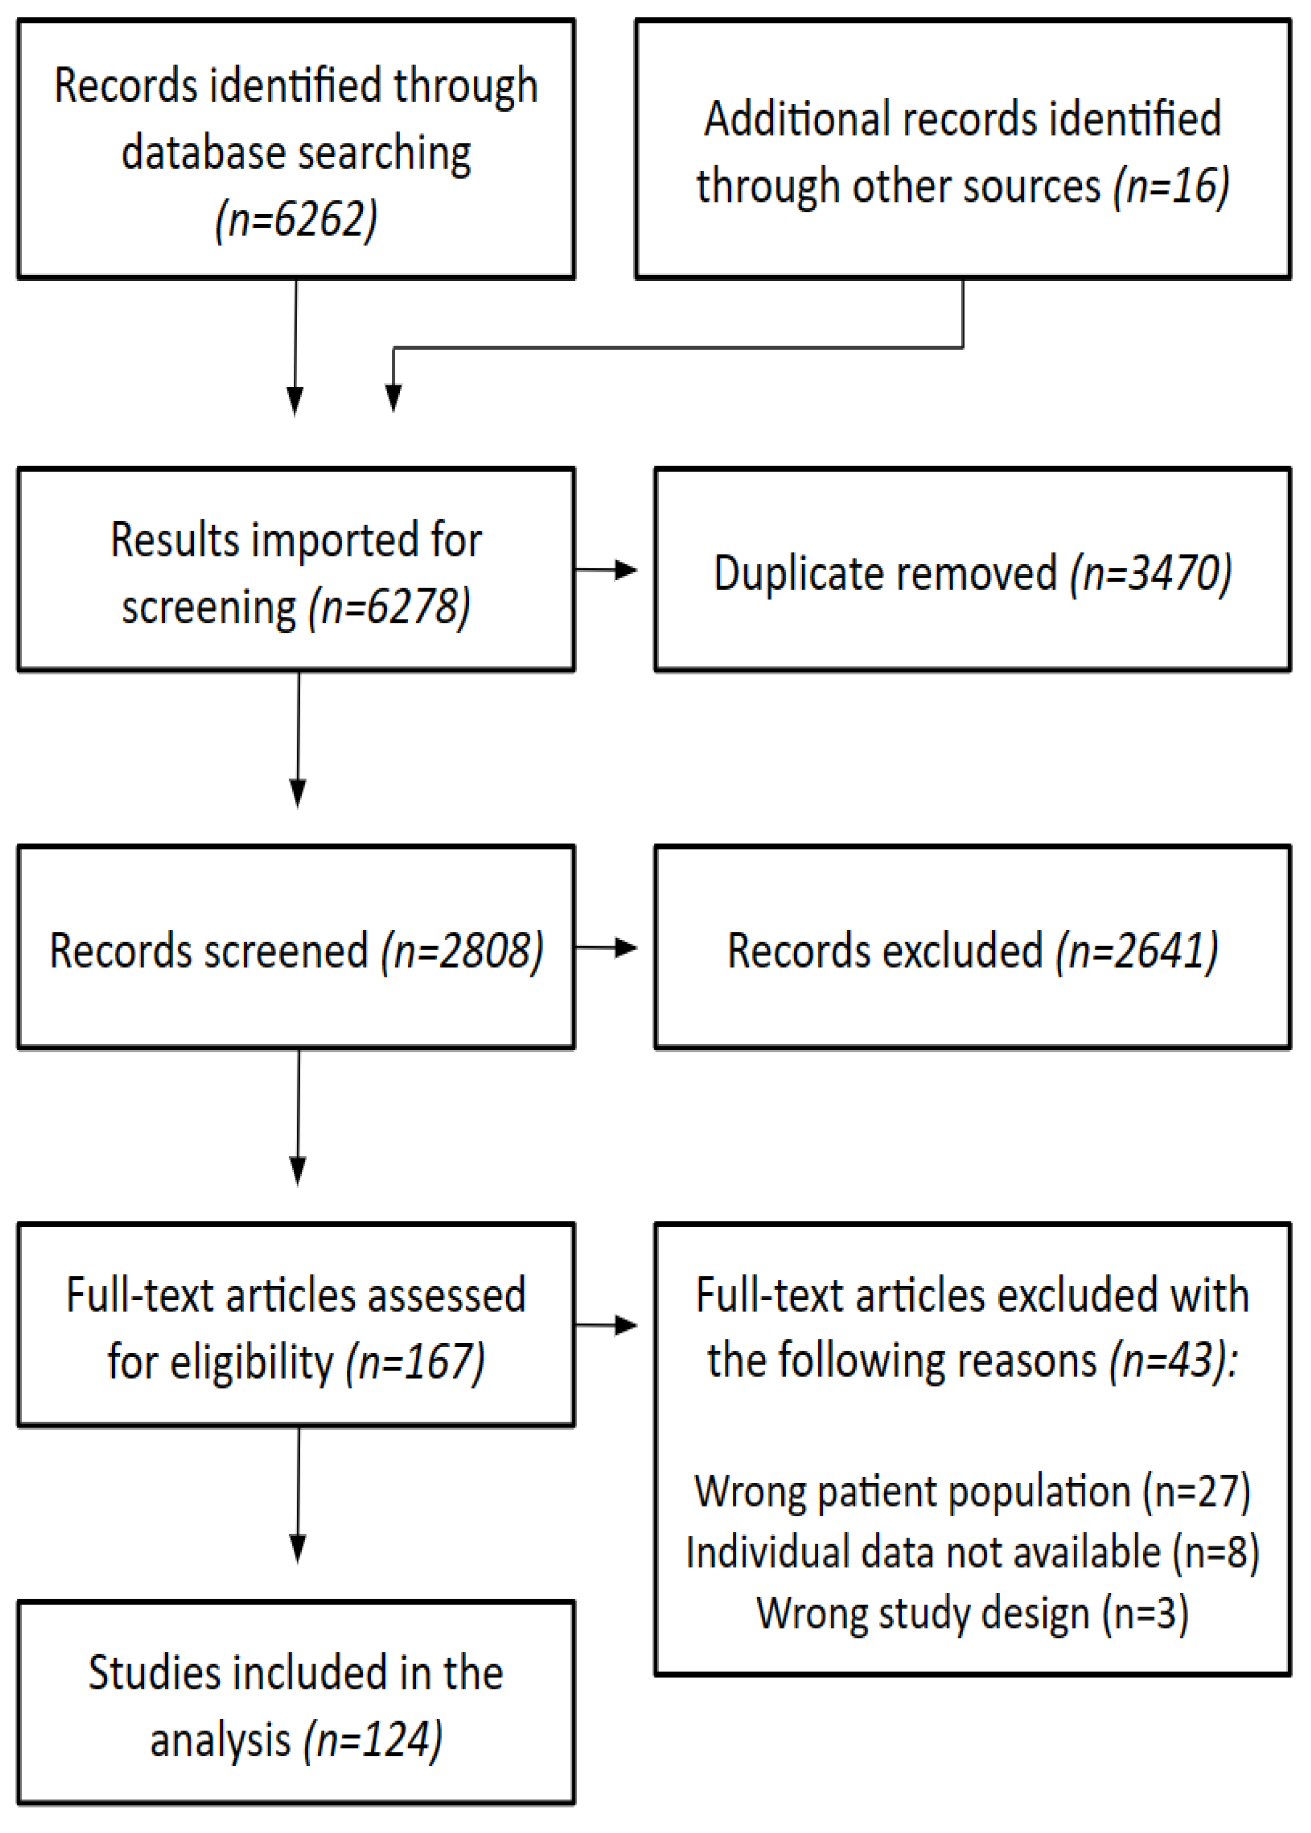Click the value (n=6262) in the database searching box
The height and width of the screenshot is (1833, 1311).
click(296, 220)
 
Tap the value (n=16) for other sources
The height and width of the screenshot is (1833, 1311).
click(1171, 186)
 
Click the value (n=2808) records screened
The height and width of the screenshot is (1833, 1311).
click(463, 950)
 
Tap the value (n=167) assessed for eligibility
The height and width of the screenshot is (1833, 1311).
click(415, 1362)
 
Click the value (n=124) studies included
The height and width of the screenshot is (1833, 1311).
click(373, 1740)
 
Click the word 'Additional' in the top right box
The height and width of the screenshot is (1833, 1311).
click(796, 119)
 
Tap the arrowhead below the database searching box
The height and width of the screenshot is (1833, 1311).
click(295, 401)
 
